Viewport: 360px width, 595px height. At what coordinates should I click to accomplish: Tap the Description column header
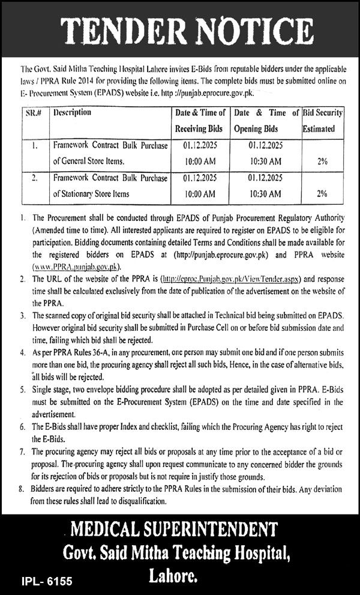[x=72, y=112]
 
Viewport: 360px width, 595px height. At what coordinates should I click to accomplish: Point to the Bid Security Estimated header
[x=322, y=120]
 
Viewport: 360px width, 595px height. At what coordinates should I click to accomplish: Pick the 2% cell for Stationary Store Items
[x=322, y=194]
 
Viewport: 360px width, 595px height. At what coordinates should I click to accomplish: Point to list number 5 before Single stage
[x=22, y=389]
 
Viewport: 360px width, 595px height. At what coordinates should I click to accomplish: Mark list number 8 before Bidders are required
[x=22, y=490]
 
